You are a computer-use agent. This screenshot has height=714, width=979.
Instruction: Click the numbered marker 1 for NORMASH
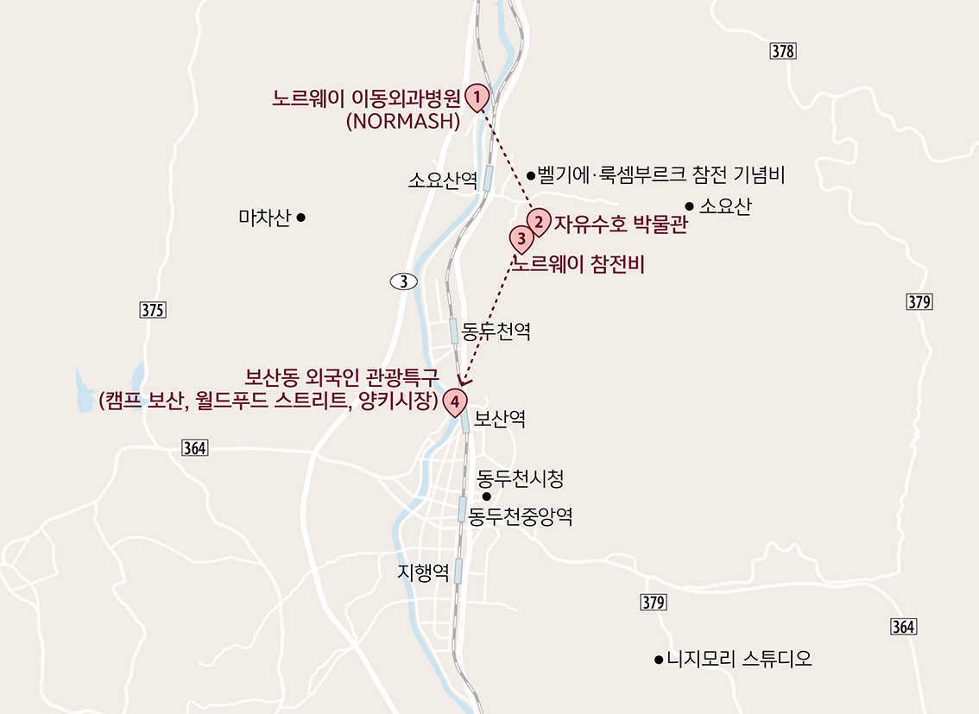(x=476, y=97)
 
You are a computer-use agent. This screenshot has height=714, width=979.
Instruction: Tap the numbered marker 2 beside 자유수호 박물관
(x=539, y=222)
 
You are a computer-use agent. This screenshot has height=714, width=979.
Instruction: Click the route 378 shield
(x=781, y=52)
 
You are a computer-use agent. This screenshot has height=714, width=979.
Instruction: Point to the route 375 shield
(x=151, y=311)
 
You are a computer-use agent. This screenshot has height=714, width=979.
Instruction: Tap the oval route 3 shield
(x=403, y=281)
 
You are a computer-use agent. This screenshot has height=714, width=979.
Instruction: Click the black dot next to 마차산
(x=300, y=218)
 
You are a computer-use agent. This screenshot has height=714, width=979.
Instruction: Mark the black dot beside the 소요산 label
(x=689, y=205)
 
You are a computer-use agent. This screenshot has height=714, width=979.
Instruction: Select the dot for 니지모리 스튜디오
(x=659, y=660)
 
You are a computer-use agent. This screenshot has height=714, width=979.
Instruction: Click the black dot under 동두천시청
(x=486, y=496)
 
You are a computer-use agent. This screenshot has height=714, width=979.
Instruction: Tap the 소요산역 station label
(x=443, y=180)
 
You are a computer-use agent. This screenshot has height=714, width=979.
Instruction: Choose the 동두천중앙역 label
(x=520, y=516)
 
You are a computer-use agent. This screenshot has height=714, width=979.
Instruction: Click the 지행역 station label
(x=423, y=572)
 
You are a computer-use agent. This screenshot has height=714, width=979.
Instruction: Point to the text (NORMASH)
(x=402, y=122)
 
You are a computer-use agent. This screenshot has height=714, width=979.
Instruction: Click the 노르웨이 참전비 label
(x=579, y=265)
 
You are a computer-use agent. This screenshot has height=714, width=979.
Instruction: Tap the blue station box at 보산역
(x=465, y=421)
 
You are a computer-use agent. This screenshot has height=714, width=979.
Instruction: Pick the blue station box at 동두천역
(x=453, y=331)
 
